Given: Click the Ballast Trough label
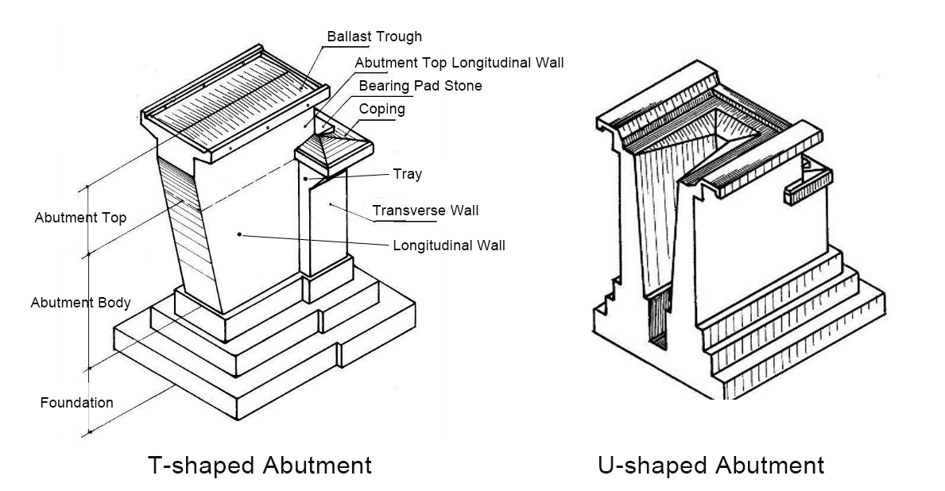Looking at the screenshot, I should (374, 37).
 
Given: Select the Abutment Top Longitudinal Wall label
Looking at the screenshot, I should (459, 63).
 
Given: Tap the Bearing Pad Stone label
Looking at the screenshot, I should (420, 86).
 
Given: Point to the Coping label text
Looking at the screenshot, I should (381, 109).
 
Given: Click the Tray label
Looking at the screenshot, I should (407, 174).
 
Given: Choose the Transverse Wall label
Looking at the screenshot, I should (425, 211).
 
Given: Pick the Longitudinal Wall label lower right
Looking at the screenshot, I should (449, 245).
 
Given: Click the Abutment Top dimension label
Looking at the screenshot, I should (80, 218).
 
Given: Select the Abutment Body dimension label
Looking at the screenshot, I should (80, 303).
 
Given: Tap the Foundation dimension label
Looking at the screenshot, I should (76, 403).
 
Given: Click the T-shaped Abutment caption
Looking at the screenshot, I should (260, 464).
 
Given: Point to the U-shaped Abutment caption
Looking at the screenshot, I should (711, 464).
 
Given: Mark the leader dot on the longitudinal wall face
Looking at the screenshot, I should (239, 234).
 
